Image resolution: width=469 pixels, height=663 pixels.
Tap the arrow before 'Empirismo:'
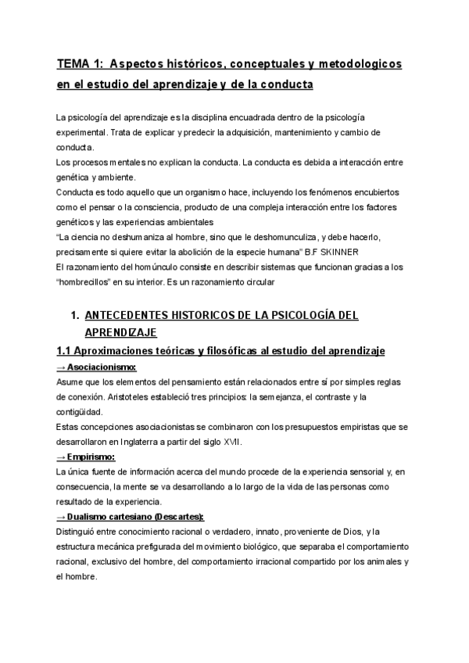click(x=61, y=457)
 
